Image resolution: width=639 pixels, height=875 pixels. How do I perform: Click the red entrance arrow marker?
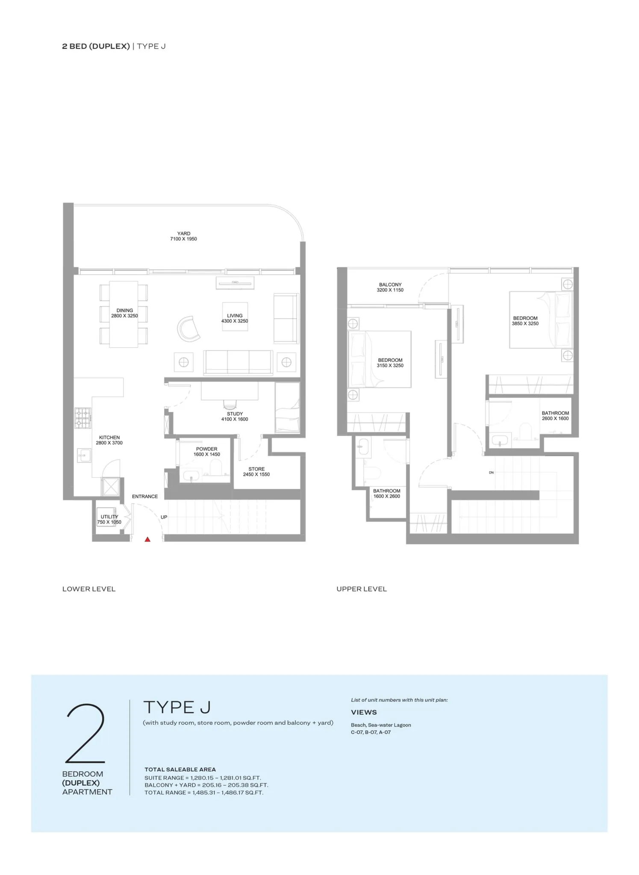tap(147, 539)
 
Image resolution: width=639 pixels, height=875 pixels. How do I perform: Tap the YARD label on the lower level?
tap(184, 234)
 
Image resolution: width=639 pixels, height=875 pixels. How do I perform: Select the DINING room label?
tap(125, 311)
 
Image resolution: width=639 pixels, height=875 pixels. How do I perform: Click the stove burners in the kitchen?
tap(83, 418)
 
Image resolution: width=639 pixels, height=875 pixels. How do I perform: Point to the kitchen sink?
tap(84, 455)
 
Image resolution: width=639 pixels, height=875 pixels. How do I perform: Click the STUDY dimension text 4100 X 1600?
tap(235, 419)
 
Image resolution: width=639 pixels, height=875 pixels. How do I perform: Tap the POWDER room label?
tap(207, 449)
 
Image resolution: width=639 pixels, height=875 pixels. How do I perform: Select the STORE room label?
tap(256, 469)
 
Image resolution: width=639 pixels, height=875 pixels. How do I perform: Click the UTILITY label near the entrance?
tap(109, 517)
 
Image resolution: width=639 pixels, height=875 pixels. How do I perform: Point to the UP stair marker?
tap(164, 517)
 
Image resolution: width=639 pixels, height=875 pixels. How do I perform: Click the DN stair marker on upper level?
tap(491, 473)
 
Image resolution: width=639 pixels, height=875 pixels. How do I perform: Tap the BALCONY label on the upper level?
tap(390, 285)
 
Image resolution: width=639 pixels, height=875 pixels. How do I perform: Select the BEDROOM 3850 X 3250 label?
tap(525, 321)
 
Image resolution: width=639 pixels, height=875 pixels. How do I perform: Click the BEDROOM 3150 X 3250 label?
tap(390, 363)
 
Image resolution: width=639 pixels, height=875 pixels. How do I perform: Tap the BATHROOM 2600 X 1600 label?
tap(555, 416)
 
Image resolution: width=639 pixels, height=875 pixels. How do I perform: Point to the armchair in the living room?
tap(188, 329)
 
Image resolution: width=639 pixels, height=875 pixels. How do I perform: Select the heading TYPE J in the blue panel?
tap(177, 707)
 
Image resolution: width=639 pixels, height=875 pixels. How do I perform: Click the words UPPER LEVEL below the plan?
tap(362, 589)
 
